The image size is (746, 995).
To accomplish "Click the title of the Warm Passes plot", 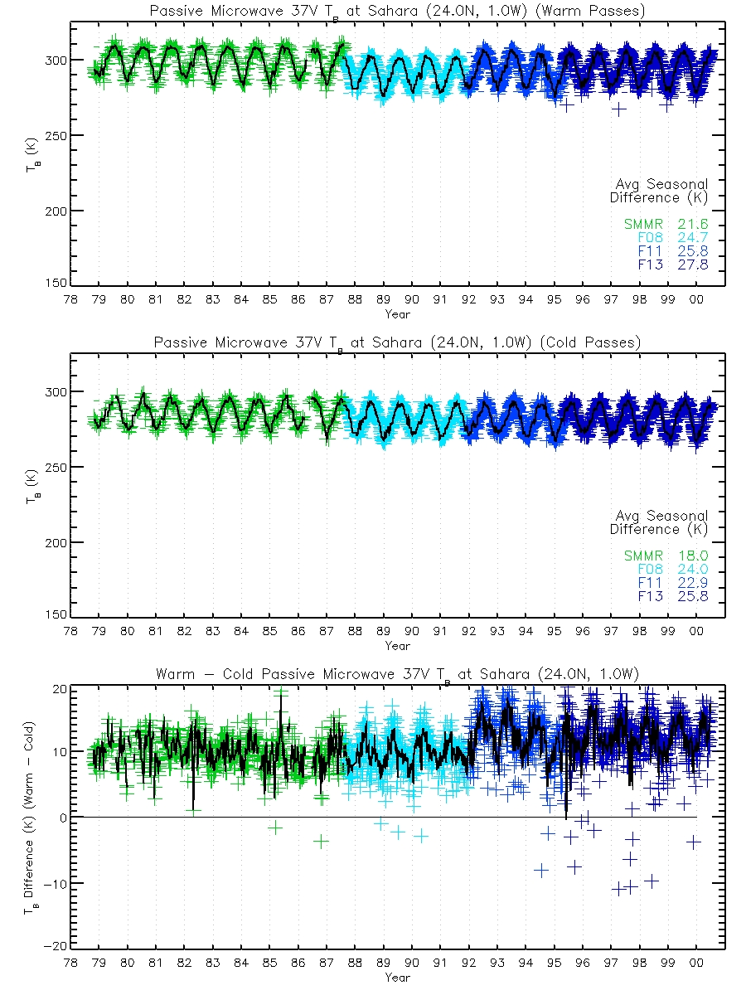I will click(397, 12).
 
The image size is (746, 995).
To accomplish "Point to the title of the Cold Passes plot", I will click(397, 342).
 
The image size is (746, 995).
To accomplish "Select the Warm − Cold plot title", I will click(397, 674).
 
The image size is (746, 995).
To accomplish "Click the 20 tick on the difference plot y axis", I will click(58, 688).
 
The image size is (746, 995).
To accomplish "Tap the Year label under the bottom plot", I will click(397, 978).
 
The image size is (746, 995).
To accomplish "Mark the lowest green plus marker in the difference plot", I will click(321, 841).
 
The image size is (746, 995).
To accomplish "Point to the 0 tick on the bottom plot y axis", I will click(63, 818).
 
